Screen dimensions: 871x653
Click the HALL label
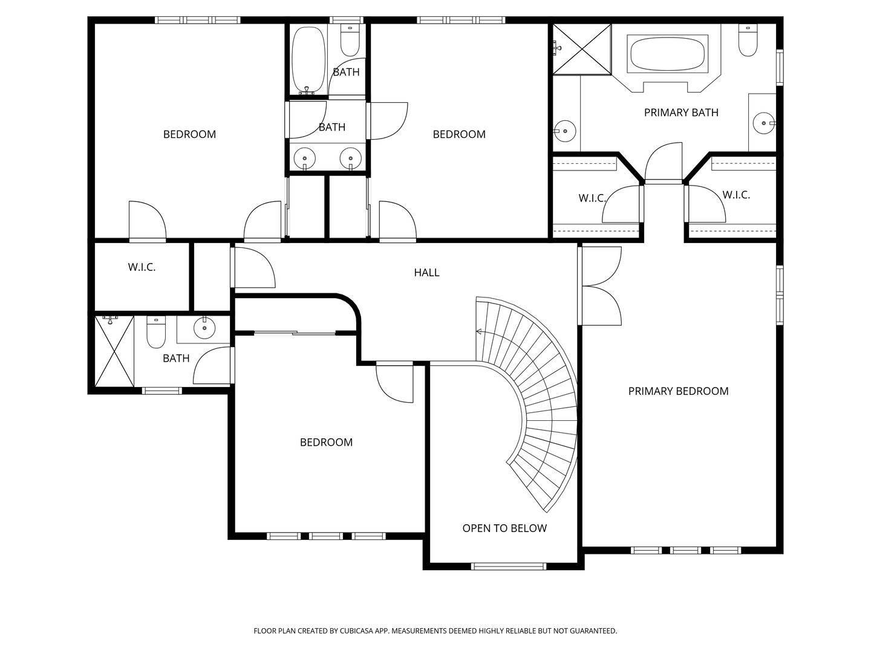(426, 272)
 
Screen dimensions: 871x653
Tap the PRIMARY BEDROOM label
(678, 391)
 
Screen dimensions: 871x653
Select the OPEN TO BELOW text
(504, 528)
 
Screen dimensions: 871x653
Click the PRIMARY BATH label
(681, 112)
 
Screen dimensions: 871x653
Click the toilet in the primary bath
(748, 40)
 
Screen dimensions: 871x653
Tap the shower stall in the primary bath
(582, 49)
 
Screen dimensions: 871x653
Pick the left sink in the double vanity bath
(305, 158)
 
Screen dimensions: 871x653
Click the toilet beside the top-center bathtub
(350, 40)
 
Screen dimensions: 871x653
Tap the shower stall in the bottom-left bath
(114, 351)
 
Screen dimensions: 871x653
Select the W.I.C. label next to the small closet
(142, 267)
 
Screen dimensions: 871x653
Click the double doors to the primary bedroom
(600, 285)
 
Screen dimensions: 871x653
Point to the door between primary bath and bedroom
(664, 163)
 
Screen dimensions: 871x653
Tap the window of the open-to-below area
(508, 567)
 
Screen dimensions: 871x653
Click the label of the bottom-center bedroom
(326, 442)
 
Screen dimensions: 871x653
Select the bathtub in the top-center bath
(308, 60)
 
